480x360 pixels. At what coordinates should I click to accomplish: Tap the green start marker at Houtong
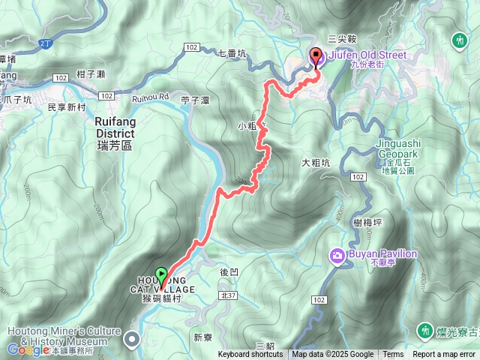pyautogui.click(x=160, y=274)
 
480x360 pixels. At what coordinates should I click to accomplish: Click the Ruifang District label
pyautogui.click(x=115, y=133)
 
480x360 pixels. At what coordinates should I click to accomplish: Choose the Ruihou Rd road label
pyautogui.click(x=149, y=96)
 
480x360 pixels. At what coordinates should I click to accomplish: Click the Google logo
pyautogui.click(x=28, y=349)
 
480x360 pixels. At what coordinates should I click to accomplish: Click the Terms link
pyautogui.click(x=393, y=355)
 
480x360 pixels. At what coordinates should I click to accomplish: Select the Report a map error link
pyautogui.click(x=444, y=355)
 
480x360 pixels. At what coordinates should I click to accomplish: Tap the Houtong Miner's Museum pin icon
pyautogui.click(x=133, y=340)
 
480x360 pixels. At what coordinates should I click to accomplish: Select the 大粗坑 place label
pyautogui.click(x=315, y=162)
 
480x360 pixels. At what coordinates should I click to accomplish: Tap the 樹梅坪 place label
pyautogui.click(x=367, y=222)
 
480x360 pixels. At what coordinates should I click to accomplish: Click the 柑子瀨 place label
pyautogui.click(x=94, y=72)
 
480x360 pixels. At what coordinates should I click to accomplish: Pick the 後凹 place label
pyautogui.click(x=229, y=272)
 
